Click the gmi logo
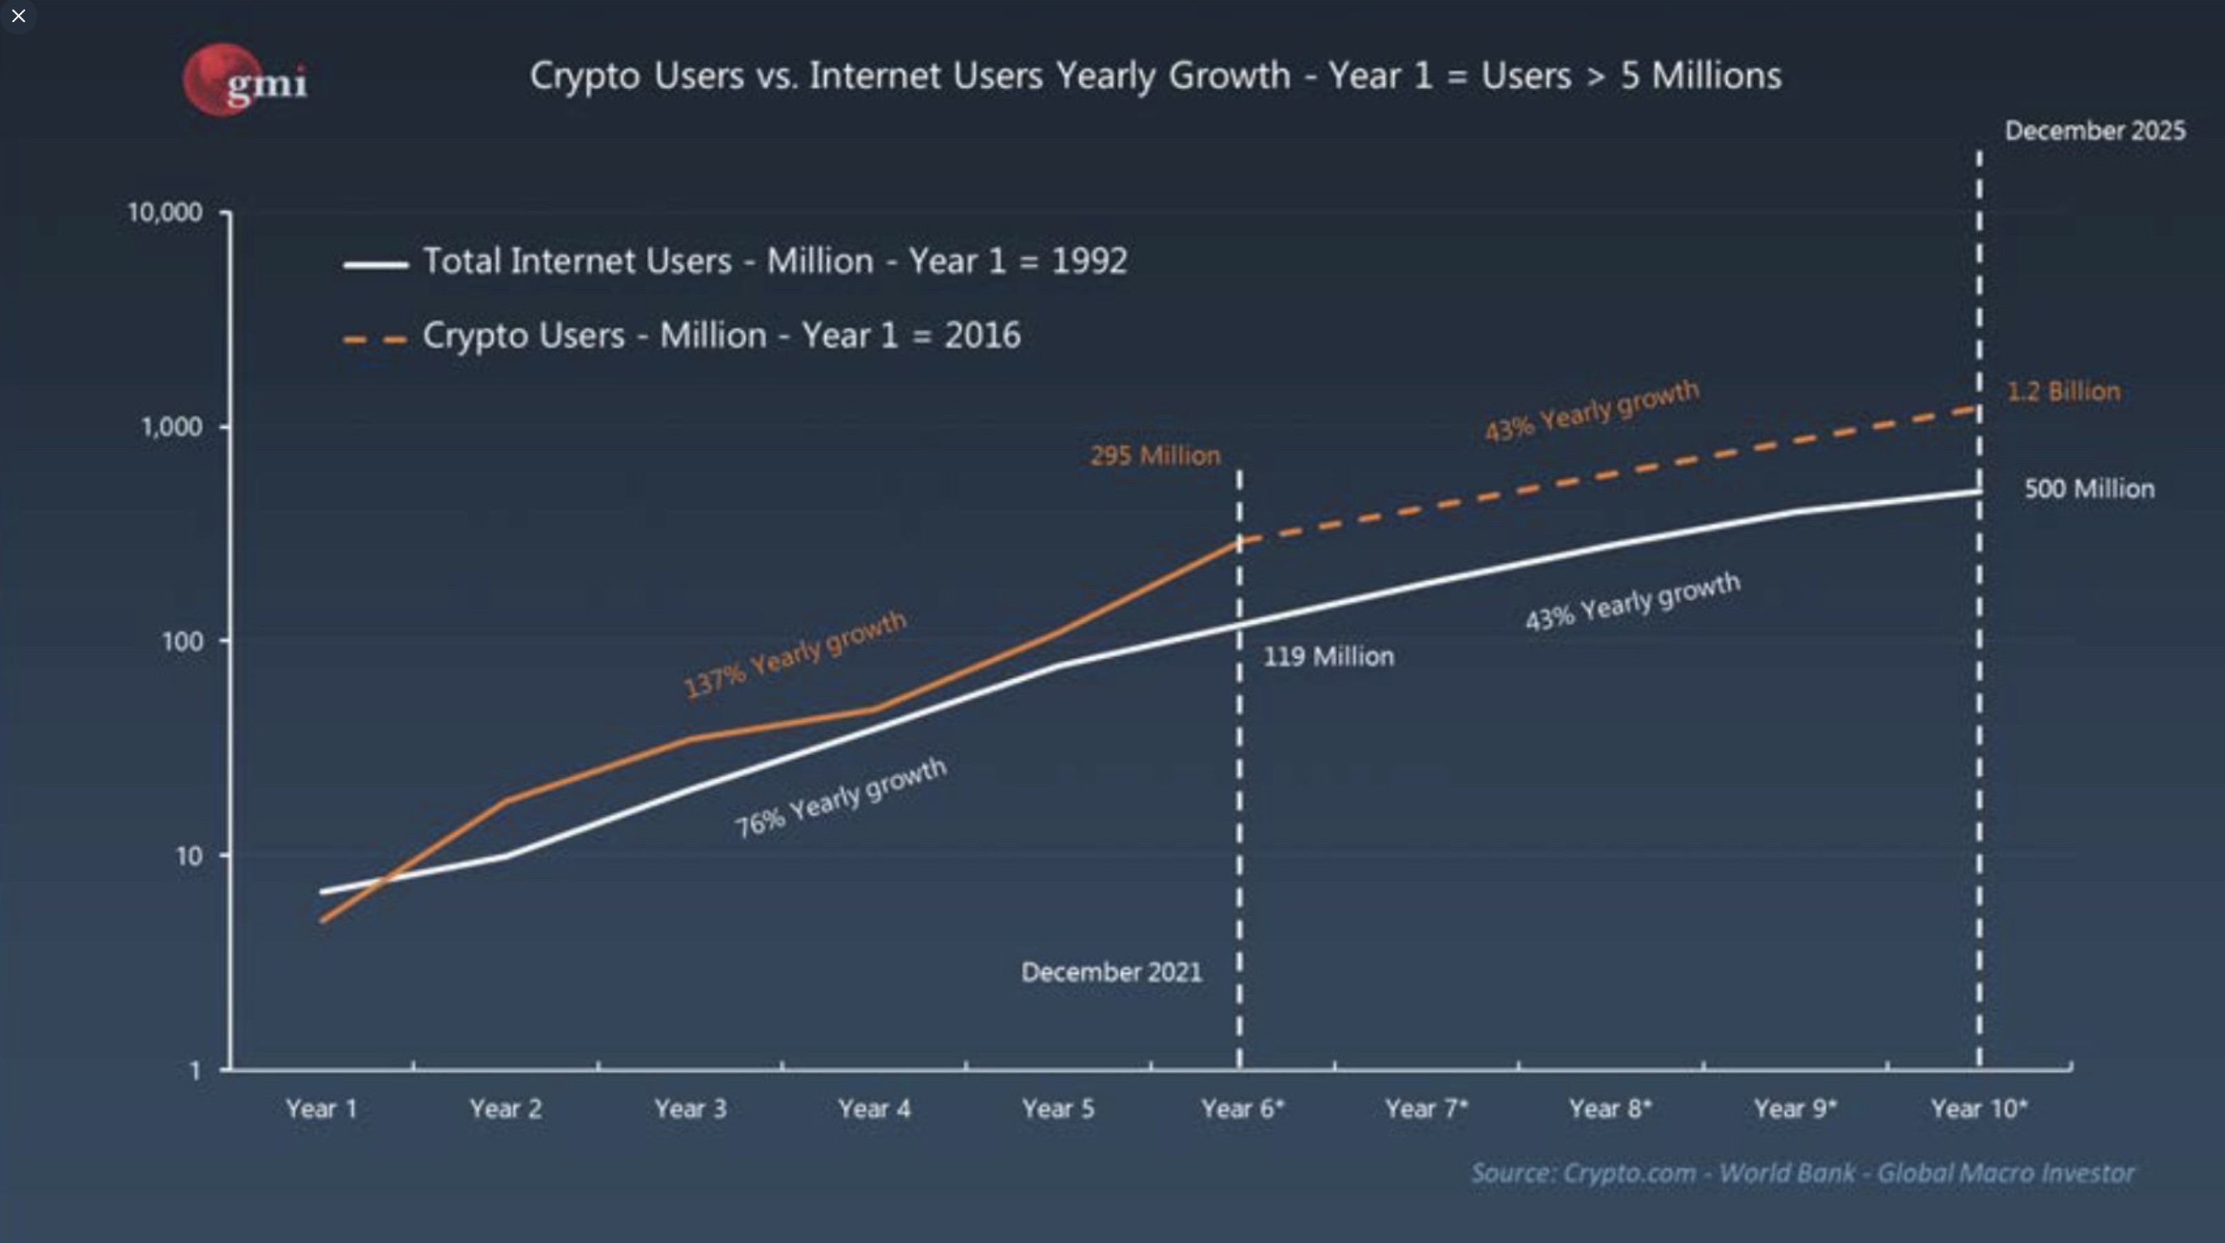click(x=245, y=79)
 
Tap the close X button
click(x=18, y=16)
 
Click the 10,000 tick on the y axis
click(x=165, y=213)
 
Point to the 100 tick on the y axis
click(x=182, y=642)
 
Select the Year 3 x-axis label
click(x=690, y=1108)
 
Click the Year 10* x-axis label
click(x=1979, y=1108)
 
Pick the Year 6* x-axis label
click(x=1242, y=1108)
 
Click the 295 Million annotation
click(x=1155, y=456)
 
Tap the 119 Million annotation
click(x=1328, y=656)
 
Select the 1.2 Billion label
click(x=2063, y=391)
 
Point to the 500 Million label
click(x=2090, y=489)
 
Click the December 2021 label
click(x=1111, y=972)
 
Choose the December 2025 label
click(x=2095, y=131)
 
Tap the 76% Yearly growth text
click(x=840, y=798)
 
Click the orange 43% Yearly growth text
click(x=1592, y=411)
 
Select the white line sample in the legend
click(x=376, y=264)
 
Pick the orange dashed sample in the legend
click(x=376, y=340)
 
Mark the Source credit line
click(x=1803, y=1173)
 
